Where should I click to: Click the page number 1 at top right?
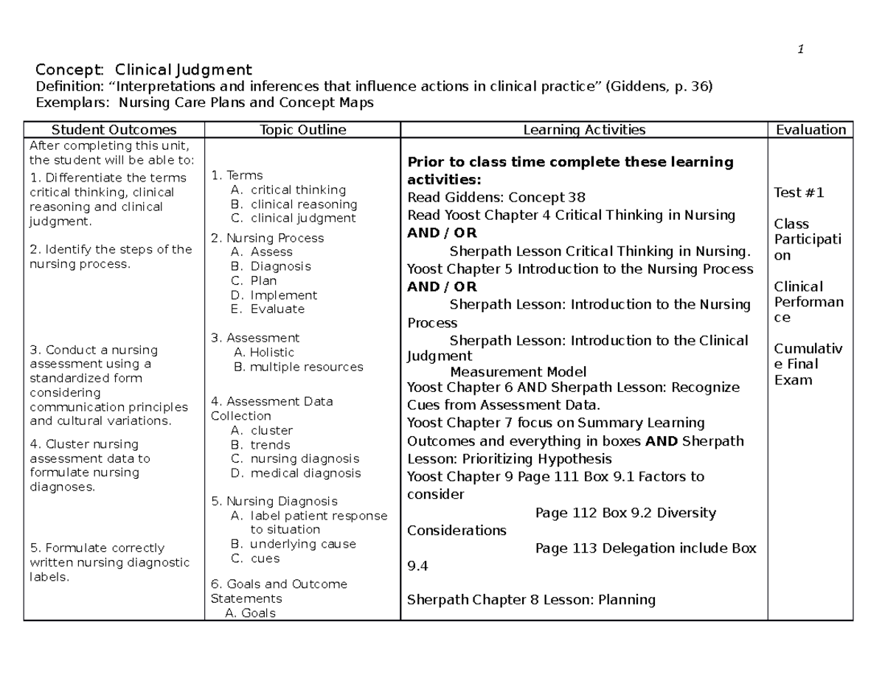click(x=800, y=49)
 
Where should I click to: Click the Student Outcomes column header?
click(x=114, y=130)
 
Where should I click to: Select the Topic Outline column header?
click(x=302, y=130)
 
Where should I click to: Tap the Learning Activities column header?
click(x=584, y=130)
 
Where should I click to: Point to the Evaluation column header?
click(x=811, y=130)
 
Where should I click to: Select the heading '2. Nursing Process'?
click(x=267, y=238)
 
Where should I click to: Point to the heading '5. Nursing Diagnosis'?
click(x=274, y=501)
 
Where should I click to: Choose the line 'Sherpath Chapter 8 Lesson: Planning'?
click(x=531, y=599)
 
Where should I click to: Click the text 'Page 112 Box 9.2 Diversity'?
click(x=625, y=513)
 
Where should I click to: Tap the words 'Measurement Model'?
click(x=518, y=372)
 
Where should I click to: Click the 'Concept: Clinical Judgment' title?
click(x=144, y=70)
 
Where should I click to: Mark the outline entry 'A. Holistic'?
click(x=263, y=353)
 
